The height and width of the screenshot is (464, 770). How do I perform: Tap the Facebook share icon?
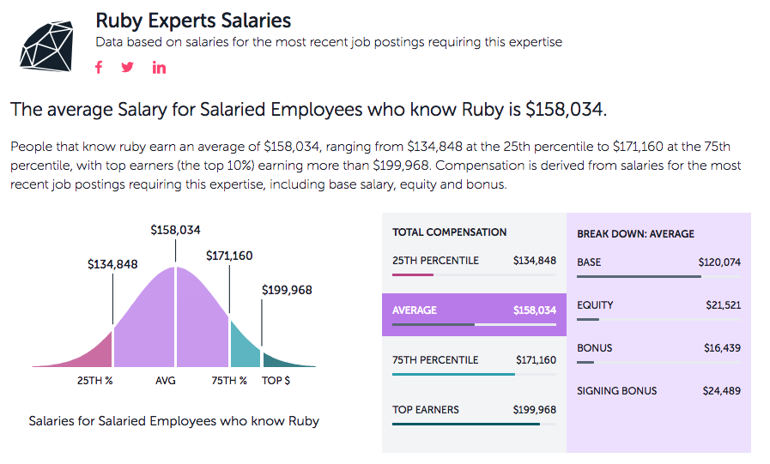coord(99,68)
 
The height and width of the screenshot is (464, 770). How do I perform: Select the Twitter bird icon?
coord(128,68)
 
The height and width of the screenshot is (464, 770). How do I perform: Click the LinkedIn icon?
coord(159,68)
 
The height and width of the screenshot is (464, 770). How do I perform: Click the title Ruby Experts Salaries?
coord(193,20)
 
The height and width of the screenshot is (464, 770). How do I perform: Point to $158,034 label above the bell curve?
coord(175,230)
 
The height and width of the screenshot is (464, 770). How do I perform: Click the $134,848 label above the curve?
coord(112,264)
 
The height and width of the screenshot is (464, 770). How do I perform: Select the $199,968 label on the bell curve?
coord(287,290)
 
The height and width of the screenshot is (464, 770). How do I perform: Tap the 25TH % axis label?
coord(95,381)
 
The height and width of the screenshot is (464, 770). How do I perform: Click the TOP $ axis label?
coord(276,381)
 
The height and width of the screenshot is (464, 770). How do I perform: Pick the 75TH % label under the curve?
coord(229,381)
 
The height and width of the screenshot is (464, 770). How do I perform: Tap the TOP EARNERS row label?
coord(426,409)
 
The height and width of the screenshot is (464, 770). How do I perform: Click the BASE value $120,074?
coord(719,262)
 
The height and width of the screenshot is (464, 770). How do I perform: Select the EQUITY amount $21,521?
coord(723,305)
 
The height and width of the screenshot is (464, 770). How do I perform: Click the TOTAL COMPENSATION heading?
coord(449,232)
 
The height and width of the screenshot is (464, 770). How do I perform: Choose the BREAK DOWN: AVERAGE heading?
coord(635,233)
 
